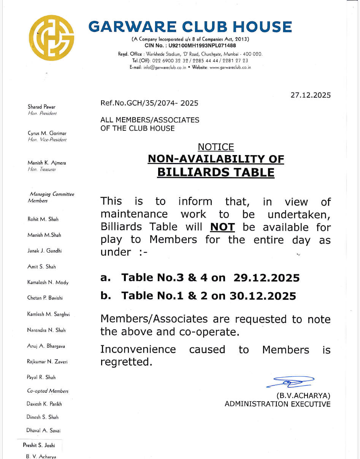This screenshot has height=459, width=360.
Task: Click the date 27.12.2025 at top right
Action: (x=311, y=95)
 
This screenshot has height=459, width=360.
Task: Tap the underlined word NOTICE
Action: (x=216, y=147)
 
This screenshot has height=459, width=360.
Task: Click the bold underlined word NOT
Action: (x=222, y=227)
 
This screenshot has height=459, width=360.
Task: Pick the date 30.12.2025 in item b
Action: (x=263, y=296)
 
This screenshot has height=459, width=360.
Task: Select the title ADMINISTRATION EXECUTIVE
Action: (x=278, y=404)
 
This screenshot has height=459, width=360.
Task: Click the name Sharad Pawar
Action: (x=41, y=107)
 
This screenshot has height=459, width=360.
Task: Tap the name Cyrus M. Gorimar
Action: (x=47, y=133)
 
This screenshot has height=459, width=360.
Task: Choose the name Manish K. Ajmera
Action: (x=46, y=163)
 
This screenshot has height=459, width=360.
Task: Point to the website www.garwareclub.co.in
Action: (x=230, y=67)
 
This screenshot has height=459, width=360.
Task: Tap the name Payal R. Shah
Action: (x=41, y=377)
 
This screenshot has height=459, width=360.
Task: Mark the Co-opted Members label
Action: (x=48, y=391)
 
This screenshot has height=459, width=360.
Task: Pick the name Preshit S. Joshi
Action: (x=39, y=445)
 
